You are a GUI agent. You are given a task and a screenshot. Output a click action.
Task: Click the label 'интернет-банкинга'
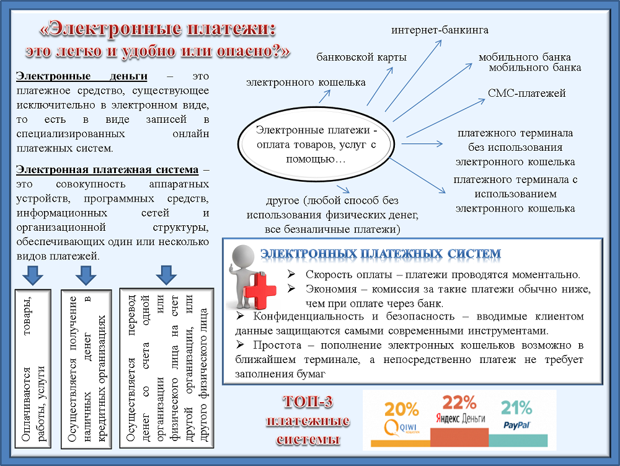coord(440,30)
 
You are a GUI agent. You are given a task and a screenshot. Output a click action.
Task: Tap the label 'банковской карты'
coord(361,57)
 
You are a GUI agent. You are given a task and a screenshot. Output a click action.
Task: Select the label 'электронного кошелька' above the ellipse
coord(306,83)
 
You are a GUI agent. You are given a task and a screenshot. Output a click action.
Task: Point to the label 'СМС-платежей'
coord(526,93)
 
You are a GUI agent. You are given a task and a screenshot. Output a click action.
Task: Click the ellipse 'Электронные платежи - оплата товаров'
coord(316,144)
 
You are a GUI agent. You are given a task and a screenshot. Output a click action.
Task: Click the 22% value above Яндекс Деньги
coord(459,402)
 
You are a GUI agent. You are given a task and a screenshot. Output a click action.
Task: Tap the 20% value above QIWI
coord(401,409)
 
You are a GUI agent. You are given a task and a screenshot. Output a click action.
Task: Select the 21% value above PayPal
coord(516,408)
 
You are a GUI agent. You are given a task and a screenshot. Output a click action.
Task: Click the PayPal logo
coord(517,425)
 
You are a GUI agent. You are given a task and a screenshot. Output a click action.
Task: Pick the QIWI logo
coord(401,428)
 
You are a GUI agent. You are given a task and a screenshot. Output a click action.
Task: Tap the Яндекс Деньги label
coord(460,418)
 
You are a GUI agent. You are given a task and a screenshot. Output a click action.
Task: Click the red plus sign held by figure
coord(260,291)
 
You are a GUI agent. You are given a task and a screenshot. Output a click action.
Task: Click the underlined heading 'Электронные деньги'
coord(81,76)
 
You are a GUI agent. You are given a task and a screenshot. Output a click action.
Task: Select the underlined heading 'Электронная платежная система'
coord(107,169)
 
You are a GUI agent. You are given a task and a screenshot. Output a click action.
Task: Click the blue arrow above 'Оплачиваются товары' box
coord(33,276)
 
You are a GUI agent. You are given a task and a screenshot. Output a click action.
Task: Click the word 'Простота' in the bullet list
coord(277,346)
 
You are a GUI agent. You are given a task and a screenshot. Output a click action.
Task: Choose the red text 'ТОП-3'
coord(308,402)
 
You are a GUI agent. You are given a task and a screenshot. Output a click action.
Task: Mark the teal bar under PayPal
coord(518,441)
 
